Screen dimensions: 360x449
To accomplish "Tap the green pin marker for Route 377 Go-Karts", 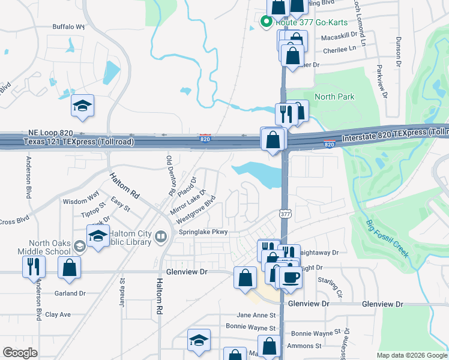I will [x=265, y=22].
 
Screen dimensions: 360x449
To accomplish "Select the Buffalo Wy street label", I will [x=69, y=26].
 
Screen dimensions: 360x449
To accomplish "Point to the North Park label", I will [x=334, y=97].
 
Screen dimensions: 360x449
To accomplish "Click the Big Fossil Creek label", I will [x=387, y=238].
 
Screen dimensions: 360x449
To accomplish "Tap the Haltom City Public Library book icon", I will [x=161, y=236].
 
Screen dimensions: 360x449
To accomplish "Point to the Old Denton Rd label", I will [x=170, y=175].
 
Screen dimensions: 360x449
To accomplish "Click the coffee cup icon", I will [x=292, y=277].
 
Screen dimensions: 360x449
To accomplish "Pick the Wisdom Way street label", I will [x=80, y=202].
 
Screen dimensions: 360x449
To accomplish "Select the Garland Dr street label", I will [x=70, y=293].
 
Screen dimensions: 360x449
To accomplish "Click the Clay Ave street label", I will [x=58, y=314].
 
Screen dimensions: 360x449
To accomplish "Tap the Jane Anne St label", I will [x=256, y=315].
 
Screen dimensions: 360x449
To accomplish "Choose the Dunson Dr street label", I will [x=398, y=52].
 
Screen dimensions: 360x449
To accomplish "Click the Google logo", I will [x=20, y=353].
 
